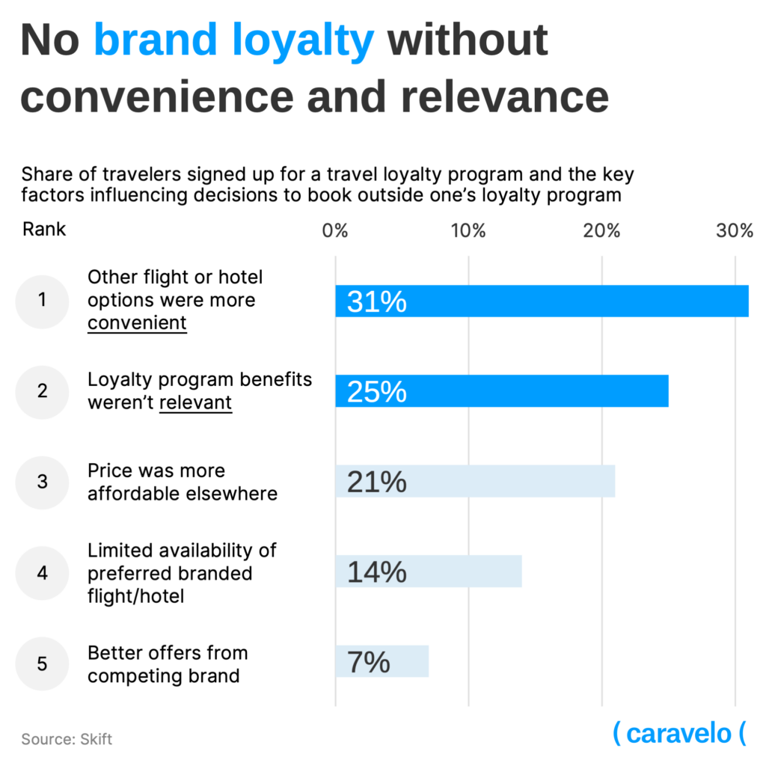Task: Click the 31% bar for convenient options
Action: point(542,301)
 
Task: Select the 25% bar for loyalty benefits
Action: point(501,391)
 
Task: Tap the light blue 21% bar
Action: point(475,481)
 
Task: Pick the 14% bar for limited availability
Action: point(428,572)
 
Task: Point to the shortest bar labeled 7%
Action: point(382,662)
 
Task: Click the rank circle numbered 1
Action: point(42,301)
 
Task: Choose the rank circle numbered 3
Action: point(42,482)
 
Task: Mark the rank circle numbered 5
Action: point(42,663)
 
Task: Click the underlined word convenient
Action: point(137,323)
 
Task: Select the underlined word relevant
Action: point(195,402)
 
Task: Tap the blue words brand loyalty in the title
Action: point(233,41)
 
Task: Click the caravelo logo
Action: point(679,733)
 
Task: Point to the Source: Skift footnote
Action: point(67,739)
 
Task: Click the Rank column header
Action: point(44,229)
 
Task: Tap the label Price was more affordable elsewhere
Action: point(182,482)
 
